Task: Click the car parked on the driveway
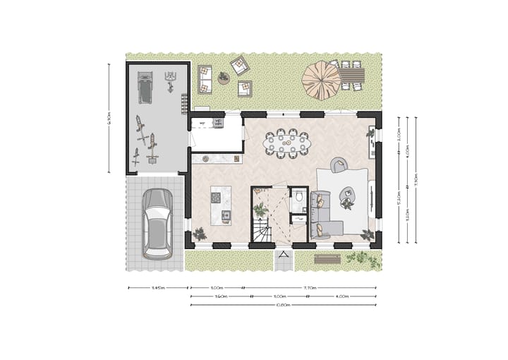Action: tap(157, 222)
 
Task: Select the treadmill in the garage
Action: tap(145, 87)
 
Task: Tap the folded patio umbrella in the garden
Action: tap(321, 80)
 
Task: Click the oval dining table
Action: tap(286, 144)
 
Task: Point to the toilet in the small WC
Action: tap(299, 197)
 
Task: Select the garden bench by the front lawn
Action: tap(327, 259)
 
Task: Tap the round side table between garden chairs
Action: tap(224, 78)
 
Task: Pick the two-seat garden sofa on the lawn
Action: tap(205, 78)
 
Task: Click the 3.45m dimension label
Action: tap(157, 288)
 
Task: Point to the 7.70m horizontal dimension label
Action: tap(310, 288)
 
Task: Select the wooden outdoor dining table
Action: tap(352, 74)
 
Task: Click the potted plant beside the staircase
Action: tap(261, 208)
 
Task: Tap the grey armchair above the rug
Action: tap(339, 166)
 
